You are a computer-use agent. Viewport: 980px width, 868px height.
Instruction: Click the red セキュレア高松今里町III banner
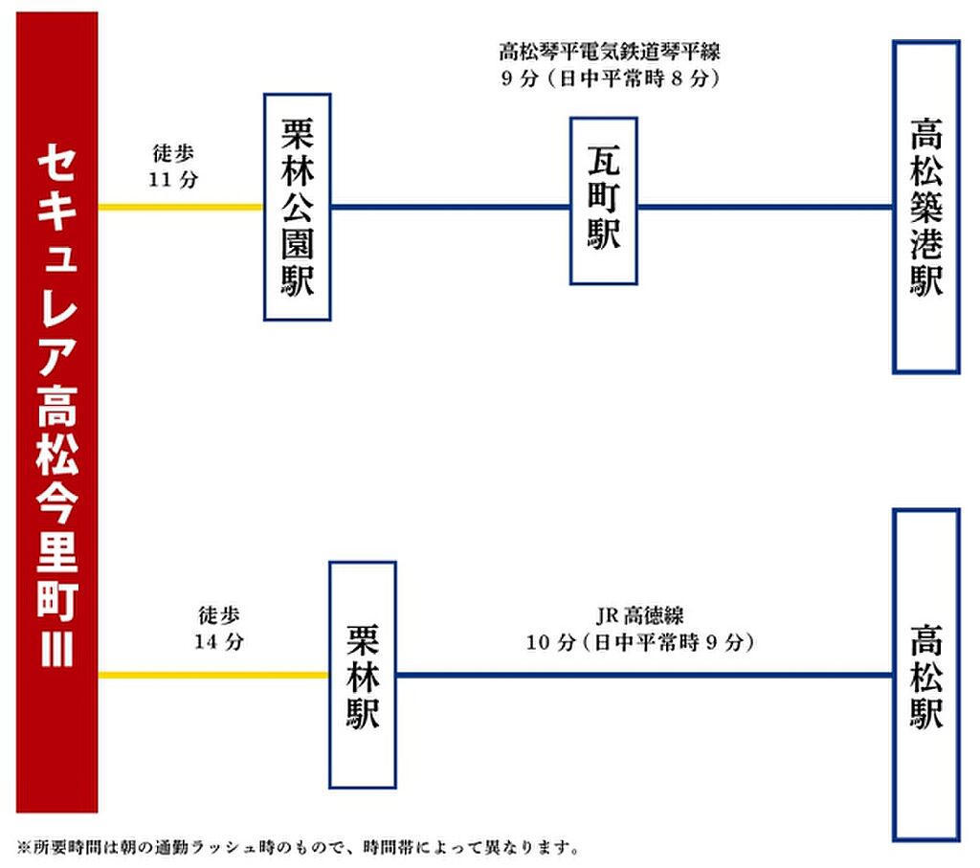[56, 412]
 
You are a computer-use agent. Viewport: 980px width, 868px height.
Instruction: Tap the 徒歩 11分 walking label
[173, 167]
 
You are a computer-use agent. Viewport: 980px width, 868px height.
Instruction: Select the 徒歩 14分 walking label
[219, 628]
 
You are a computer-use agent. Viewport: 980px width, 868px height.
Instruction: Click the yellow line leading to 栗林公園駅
[181, 207]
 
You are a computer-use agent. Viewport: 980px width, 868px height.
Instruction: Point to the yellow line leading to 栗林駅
[213, 675]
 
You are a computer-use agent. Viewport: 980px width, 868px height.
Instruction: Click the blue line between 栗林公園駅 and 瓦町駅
[450, 207]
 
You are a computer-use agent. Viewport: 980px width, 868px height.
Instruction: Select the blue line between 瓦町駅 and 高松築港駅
[765, 207]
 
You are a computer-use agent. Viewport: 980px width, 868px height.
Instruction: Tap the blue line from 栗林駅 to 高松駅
[644, 675]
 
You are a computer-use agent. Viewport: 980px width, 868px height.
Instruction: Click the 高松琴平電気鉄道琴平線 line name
[610, 52]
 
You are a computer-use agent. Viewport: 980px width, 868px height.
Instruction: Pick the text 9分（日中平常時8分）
[610, 78]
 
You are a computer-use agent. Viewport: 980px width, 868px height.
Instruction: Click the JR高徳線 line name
[639, 616]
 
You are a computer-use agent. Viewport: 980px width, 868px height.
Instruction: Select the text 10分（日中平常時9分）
[639, 642]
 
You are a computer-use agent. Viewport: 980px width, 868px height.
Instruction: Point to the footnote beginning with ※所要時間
[299, 847]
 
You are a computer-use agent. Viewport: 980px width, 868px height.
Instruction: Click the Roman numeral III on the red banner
[56, 648]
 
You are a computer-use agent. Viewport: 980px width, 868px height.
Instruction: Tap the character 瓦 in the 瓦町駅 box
[603, 161]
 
